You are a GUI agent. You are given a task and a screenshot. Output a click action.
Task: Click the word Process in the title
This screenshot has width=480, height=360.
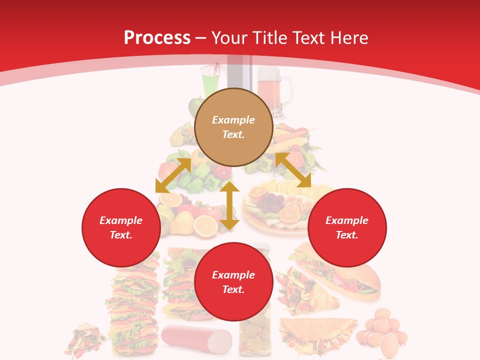[x=157, y=38]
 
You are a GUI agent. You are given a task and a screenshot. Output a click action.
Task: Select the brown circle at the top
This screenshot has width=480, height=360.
[x=233, y=127]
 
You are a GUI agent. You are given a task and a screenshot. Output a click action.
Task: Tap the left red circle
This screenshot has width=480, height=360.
[x=121, y=227]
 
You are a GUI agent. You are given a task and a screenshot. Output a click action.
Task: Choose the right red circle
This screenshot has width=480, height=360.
[x=347, y=227]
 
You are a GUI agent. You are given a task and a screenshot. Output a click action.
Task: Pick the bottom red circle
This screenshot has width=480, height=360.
[x=233, y=282]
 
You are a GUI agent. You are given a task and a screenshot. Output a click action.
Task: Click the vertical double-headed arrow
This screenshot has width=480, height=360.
[x=229, y=205]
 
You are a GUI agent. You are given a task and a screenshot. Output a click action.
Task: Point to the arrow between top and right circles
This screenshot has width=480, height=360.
[x=293, y=170]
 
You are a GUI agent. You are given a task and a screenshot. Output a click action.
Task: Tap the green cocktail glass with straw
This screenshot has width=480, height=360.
[x=209, y=83]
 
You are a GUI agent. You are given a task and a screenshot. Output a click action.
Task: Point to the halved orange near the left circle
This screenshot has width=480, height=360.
[x=205, y=226]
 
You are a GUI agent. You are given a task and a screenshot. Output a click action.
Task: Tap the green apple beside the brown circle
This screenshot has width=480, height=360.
[x=195, y=106]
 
